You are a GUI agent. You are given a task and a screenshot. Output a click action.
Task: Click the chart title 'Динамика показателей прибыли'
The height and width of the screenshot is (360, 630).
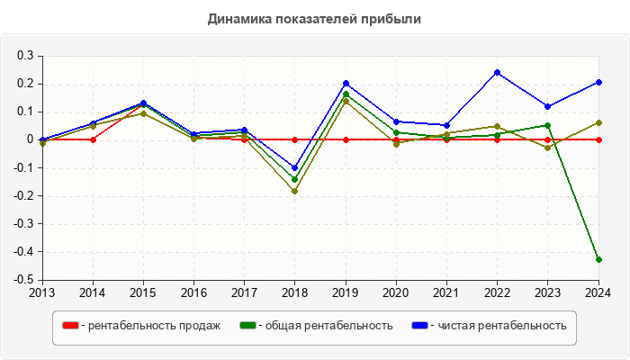point(314,18)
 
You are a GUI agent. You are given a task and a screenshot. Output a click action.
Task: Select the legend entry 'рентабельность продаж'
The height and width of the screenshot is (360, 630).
point(149,326)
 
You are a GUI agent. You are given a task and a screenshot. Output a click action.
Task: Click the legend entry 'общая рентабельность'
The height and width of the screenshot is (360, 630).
point(325,326)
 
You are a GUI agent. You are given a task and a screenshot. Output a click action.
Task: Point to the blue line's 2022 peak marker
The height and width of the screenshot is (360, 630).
point(497,72)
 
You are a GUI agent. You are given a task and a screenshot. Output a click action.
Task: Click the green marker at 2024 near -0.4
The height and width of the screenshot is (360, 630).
point(598,259)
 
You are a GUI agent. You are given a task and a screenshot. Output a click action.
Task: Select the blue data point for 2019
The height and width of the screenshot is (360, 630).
point(346,84)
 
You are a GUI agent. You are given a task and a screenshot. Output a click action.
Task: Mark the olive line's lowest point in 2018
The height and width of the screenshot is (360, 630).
point(294,191)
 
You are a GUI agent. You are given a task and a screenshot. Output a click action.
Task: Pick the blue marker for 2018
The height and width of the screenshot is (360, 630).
point(294,167)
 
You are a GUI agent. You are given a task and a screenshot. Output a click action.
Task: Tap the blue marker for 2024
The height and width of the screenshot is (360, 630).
point(598,82)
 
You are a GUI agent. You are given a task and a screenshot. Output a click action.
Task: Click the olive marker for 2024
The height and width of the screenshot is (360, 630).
point(598,122)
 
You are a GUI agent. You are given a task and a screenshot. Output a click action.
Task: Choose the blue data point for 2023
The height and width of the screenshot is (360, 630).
point(547,106)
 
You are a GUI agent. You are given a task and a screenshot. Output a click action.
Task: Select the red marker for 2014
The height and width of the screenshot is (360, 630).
point(93,139)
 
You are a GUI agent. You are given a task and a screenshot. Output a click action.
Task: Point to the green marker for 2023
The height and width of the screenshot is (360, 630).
point(547,125)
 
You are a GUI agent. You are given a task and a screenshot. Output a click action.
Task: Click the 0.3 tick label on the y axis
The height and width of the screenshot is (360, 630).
point(25,56)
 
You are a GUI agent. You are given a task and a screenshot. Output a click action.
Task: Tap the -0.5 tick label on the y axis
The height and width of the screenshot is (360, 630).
point(23,280)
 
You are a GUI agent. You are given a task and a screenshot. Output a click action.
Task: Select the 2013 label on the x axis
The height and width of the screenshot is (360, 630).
point(42,292)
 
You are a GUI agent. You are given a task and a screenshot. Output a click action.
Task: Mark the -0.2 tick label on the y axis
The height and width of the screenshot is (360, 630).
point(23,195)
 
